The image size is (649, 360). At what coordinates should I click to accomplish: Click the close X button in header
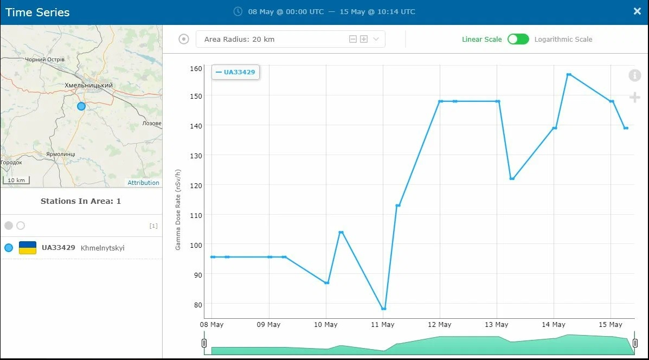click(x=637, y=11)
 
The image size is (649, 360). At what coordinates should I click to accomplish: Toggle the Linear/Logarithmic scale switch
click(x=518, y=40)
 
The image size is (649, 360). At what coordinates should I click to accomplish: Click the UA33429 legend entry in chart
click(x=235, y=72)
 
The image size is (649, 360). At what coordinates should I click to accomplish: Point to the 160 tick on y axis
click(x=196, y=69)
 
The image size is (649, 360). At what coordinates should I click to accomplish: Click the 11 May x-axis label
click(x=382, y=324)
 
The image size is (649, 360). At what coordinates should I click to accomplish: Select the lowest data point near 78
click(x=384, y=308)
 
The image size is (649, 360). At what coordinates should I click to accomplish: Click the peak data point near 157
click(x=569, y=74)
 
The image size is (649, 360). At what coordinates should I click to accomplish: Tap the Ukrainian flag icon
click(x=28, y=247)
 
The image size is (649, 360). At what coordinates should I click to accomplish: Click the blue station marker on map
click(x=81, y=106)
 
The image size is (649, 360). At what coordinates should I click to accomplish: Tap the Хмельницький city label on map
click(x=88, y=85)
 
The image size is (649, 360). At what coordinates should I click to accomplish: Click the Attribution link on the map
click(x=143, y=183)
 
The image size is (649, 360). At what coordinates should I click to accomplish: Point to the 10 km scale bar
click(x=16, y=180)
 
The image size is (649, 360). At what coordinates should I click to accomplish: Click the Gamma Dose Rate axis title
click(x=178, y=209)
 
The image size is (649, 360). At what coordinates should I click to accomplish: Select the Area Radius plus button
click(x=364, y=39)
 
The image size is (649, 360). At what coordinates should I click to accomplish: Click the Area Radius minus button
click(x=352, y=39)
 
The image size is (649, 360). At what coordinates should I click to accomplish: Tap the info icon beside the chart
click(x=634, y=75)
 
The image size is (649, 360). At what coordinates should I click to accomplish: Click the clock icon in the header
click(x=238, y=11)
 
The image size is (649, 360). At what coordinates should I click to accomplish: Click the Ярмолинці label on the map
click(x=61, y=154)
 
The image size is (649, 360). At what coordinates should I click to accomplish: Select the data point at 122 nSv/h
click(x=512, y=179)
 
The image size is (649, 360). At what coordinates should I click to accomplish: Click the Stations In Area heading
click(x=81, y=201)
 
